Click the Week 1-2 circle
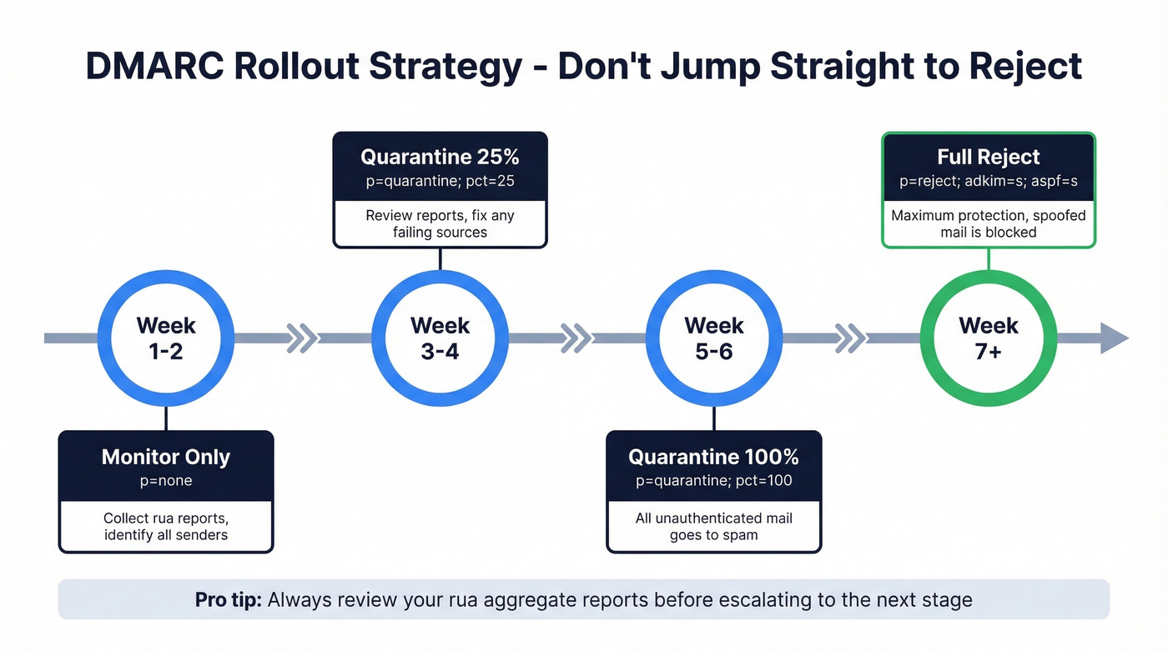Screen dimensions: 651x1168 pyautogui.click(x=166, y=338)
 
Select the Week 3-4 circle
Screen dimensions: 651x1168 pyautogui.click(x=440, y=338)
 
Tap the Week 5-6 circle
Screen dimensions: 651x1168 pyautogui.click(x=713, y=338)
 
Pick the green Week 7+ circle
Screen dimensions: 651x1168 pyautogui.click(x=988, y=338)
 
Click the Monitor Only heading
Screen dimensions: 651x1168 pyautogui.click(x=165, y=457)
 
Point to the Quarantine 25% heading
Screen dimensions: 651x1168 pyautogui.click(x=440, y=157)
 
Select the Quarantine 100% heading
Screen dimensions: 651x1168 pyautogui.click(x=713, y=457)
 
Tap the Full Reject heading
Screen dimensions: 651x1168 pyautogui.click(x=988, y=157)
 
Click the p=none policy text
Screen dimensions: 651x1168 pyautogui.click(x=165, y=480)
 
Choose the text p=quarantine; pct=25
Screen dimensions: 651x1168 pyautogui.click(x=440, y=180)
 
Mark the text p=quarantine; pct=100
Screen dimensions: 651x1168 pyautogui.click(x=713, y=480)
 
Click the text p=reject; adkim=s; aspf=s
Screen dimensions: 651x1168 pyautogui.click(x=988, y=180)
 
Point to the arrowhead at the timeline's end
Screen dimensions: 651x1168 pyautogui.click(x=1115, y=338)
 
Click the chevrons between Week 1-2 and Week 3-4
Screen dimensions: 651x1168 pyautogui.click(x=302, y=338)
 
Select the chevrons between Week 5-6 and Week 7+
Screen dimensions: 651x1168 pyautogui.click(x=850, y=338)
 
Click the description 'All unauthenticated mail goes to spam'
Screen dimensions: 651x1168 pyautogui.click(x=713, y=526)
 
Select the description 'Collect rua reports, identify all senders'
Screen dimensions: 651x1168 pyautogui.click(x=165, y=526)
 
